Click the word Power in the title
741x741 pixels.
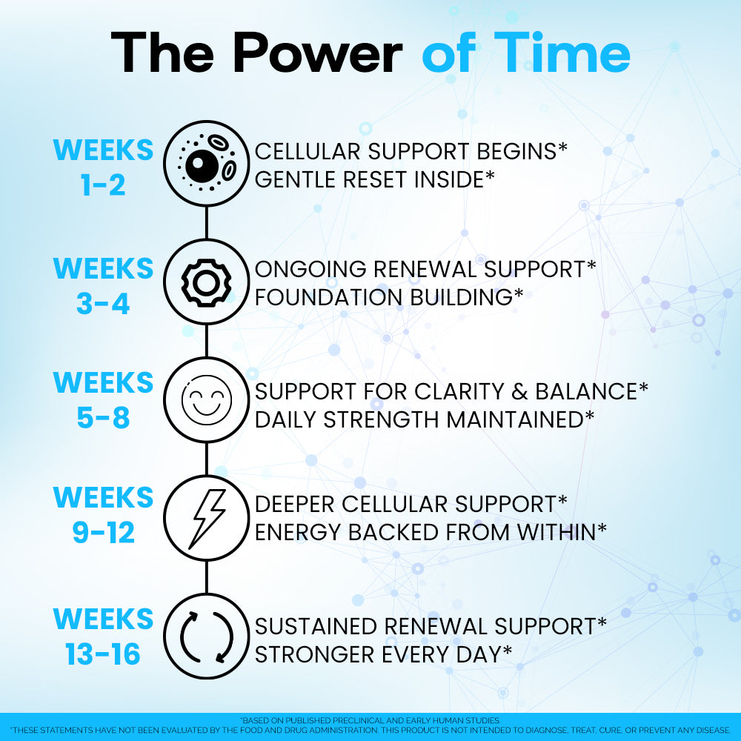pos(318,53)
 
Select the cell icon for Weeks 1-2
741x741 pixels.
pos(207,164)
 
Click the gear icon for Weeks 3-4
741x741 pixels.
pos(207,282)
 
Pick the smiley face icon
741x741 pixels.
pos(207,400)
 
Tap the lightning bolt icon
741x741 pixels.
pos(207,518)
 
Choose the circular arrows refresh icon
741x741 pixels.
pos(207,637)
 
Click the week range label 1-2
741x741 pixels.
pos(103,185)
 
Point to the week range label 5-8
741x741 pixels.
pos(103,418)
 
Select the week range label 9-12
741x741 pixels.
pos(103,533)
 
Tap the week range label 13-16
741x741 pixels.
pos(103,654)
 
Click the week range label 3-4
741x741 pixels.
pos(103,303)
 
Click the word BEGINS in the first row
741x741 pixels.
pos(516,152)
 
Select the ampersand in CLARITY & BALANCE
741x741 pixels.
pos(519,392)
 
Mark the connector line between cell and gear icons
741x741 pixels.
pos(207,222)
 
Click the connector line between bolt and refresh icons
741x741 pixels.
pos(207,577)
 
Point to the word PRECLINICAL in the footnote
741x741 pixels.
pos(359,721)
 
